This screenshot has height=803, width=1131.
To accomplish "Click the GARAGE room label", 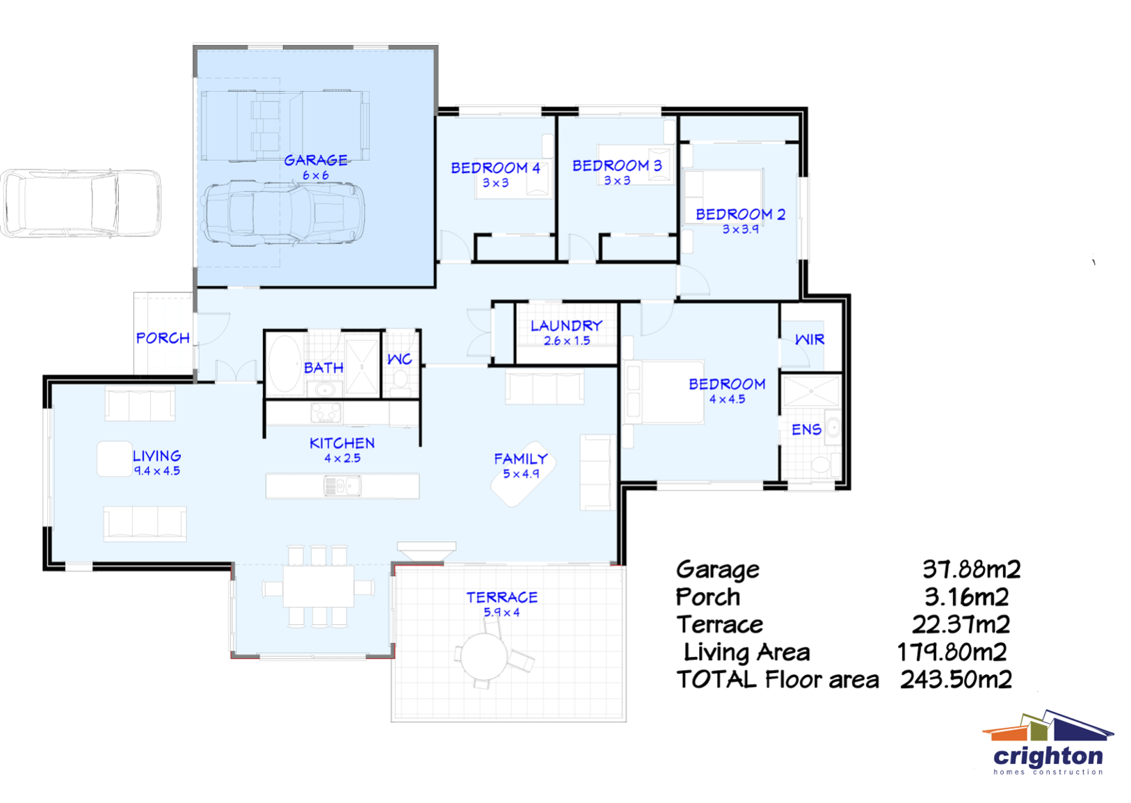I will click(x=316, y=161).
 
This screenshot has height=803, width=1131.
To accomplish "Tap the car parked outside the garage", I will click(x=81, y=203).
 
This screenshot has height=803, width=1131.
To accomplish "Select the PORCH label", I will click(x=163, y=338).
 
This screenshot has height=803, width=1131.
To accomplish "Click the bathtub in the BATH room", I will click(x=284, y=364).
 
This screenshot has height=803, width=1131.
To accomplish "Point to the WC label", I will click(x=399, y=359).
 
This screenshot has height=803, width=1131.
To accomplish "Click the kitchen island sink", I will click(x=342, y=486).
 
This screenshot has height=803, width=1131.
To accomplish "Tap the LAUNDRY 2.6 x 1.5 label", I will click(x=566, y=333).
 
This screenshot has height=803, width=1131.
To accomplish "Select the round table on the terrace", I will click(x=485, y=656).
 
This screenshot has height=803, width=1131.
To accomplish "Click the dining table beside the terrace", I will click(x=319, y=586).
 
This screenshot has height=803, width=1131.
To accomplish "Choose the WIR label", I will click(x=810, y=340).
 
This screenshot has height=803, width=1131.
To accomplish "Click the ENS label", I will click(x=806, y=430).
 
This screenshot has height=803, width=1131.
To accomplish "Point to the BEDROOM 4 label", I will click(x=495, y=168).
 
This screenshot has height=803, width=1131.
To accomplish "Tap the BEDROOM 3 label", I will click(x=617, y=166).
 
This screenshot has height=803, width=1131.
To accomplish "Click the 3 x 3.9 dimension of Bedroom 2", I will click(x=740, y=230).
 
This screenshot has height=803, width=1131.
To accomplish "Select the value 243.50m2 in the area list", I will click(x=956, y=680).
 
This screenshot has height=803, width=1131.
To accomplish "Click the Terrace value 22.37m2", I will click(x=961, y=625).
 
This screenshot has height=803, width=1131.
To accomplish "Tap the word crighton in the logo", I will click(x=1048, y=756).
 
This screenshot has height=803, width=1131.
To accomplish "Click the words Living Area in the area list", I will click(x=746, y=653).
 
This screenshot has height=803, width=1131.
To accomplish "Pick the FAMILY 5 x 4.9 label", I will click(x=521, y=466).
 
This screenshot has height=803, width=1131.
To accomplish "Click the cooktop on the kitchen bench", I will click(x=326, y=413).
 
